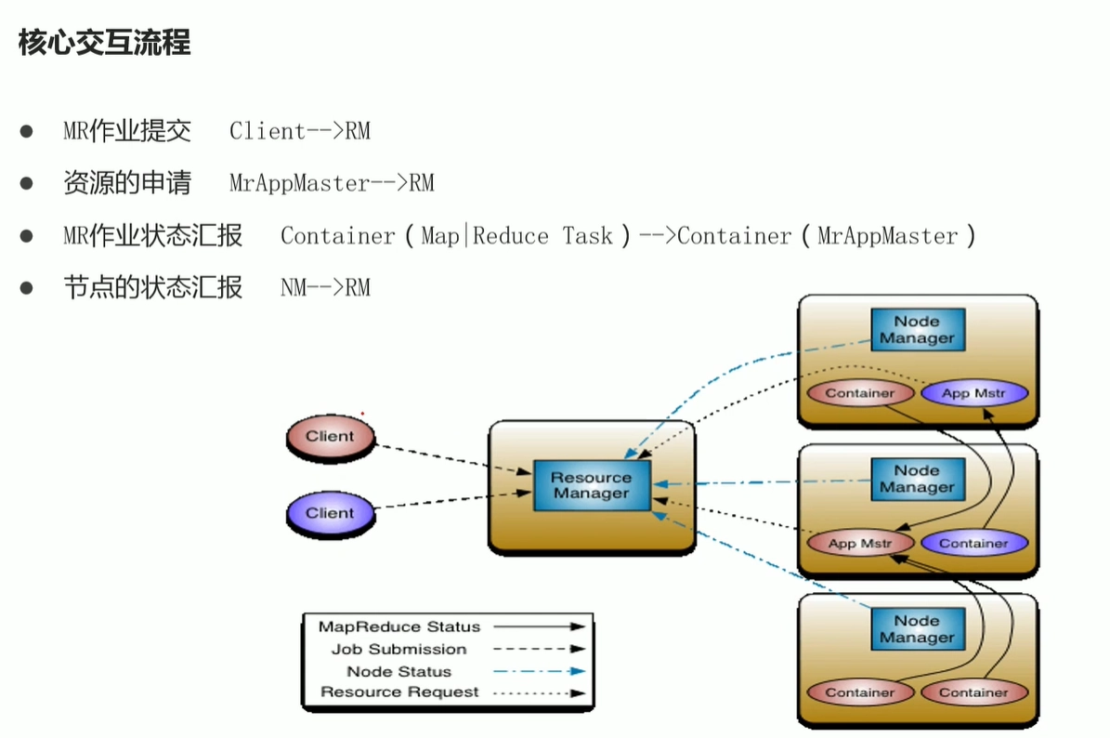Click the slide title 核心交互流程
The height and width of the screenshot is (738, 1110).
[x=104, y=43]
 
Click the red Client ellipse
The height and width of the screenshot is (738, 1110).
[x=331, y=437]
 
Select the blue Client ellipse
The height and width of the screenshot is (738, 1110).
[x=331, y=513]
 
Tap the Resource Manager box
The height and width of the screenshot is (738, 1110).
[x=591, y=486]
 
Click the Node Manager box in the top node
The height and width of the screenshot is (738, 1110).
[x=918, y=330]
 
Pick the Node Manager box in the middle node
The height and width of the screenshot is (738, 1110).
[x=918, y=480]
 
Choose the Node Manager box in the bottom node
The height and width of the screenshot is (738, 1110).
[x=918, y=629]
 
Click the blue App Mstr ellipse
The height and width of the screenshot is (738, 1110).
[x=974, y=393]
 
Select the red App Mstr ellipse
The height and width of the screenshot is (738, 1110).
[x=860, y=544]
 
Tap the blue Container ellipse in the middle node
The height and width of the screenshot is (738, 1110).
[x=974, y=544]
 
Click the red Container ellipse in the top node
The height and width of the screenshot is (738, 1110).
[x=860, y=393]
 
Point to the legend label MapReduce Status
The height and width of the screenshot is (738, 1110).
[x=399, y=626]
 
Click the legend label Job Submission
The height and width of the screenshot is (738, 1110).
[x=399, y=650]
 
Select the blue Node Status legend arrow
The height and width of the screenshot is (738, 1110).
[x=540, y=671]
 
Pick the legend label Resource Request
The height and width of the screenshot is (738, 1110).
[x=399, y=692]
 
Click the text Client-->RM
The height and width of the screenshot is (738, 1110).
[x=300, y=131]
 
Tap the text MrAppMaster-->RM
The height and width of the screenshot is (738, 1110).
[x=332, y=183]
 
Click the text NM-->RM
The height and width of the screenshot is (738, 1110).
[x=326, y=287]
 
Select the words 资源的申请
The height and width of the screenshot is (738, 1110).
[x=127, y=183]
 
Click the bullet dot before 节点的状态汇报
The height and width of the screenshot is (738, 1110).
[x=27, y=287]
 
